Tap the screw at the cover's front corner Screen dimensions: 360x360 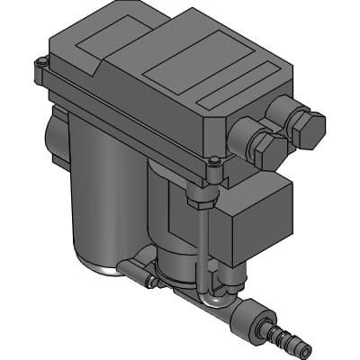click(212, 163)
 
